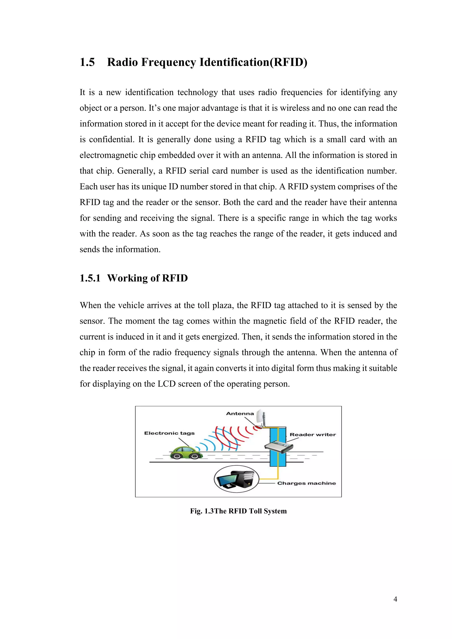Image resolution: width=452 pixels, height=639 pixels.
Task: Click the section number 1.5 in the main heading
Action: [x=87, y=62]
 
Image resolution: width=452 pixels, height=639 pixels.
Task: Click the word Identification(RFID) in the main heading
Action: [x=253, y=62]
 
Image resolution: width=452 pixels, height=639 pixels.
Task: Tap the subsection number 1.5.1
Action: [x=90, y=278]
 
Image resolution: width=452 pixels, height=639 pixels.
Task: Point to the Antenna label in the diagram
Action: [x=240, y=413]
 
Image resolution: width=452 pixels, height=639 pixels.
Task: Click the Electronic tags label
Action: [x=169, y=433]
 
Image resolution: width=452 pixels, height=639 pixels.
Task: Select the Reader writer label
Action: [x=313, y=434]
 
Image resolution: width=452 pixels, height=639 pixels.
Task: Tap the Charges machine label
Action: [x=306, y=483]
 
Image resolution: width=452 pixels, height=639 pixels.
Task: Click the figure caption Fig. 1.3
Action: [x=202, y=511]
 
